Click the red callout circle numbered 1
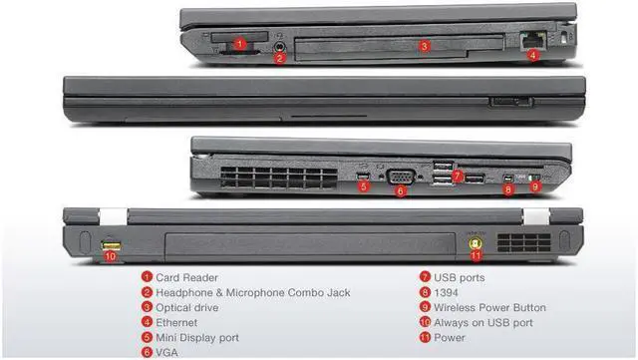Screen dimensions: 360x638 240,44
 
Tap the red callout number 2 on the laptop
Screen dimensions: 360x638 280,59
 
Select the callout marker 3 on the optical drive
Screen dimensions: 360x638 424,45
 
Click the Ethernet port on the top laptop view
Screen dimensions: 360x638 528,40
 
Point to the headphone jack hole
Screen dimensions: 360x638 281,43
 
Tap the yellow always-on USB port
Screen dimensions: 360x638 111,242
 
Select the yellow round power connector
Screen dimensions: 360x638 476,240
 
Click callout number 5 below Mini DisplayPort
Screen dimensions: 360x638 364,186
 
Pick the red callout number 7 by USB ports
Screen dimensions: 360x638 456,176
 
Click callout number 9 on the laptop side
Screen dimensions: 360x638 535,186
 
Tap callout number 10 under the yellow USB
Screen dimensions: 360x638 111,256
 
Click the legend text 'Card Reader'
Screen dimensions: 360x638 186,277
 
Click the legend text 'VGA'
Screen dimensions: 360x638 167,352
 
